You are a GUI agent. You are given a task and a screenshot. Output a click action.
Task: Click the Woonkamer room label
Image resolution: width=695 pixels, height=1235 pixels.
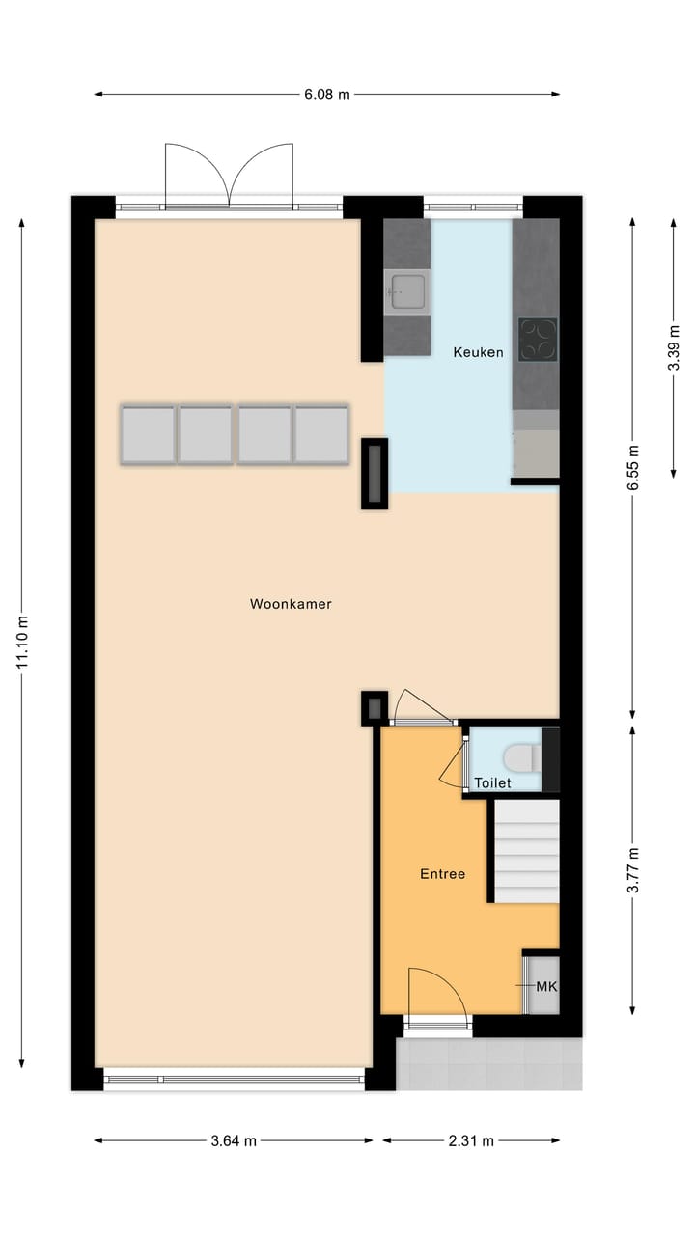click(x=291, y=605)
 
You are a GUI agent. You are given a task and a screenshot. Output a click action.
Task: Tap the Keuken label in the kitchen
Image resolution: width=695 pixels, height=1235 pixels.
click(x=478, y=352)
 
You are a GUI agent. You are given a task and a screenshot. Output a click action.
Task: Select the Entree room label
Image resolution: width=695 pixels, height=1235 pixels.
click(x=442, y=874)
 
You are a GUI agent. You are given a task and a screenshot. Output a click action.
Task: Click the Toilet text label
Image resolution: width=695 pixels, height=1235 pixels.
click(x=492, y=783)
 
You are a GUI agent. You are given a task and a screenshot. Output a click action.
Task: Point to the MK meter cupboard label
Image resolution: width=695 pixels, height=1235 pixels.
click(x=546, y=987)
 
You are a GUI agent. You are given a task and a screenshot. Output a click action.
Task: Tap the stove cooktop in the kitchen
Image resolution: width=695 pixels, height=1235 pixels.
click(x=538, y=339)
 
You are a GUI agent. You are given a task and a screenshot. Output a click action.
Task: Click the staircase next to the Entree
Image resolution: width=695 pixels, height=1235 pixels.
click(x=527, y=850)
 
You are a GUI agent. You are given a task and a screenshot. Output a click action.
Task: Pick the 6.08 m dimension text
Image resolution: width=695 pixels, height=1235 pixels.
click(x=327, y=95)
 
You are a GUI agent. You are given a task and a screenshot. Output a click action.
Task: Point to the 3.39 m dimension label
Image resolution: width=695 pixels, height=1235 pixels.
click(x=674, y=344)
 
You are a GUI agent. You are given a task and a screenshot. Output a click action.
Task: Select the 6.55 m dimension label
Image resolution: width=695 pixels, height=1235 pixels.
click(x=633, y=469)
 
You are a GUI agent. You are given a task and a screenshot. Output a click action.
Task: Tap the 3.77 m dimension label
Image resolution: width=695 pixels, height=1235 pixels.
click(x=633, y=870)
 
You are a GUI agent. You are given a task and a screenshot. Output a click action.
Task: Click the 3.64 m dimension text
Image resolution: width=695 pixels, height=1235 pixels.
click(x=234, y=1140)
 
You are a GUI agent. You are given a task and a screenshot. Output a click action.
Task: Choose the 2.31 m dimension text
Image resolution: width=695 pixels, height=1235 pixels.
click(x=471, y=1140)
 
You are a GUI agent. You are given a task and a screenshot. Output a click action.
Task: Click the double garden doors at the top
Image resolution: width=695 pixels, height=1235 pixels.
click(x=229, y=176)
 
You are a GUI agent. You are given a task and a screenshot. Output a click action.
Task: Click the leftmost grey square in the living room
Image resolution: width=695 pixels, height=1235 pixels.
click(x=148, y=435)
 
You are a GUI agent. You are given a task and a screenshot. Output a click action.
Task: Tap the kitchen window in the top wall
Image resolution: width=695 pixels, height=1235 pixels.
click(x=473, y=206)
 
